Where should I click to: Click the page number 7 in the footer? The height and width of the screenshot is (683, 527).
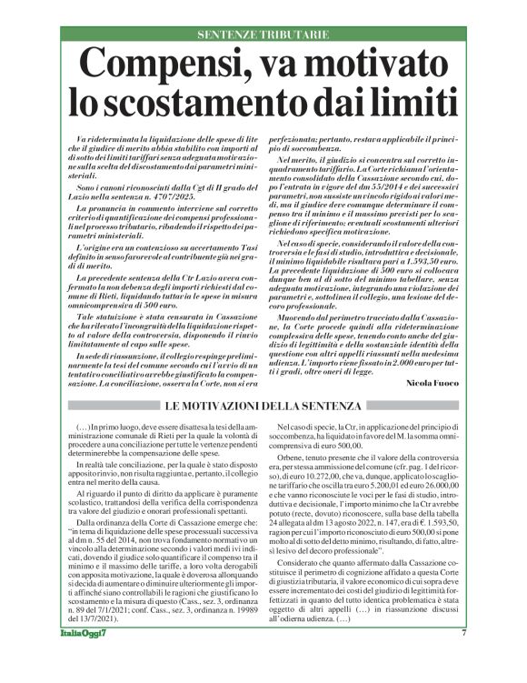[464, 658]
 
